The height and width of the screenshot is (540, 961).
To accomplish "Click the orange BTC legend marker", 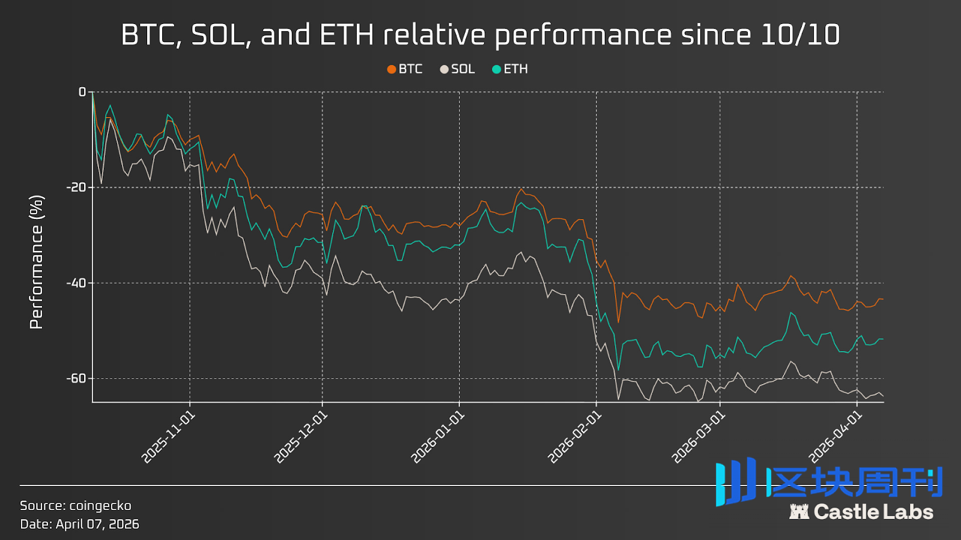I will pyautogui.click(x=392, y=70).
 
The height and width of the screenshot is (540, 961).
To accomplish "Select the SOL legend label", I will pyautogui.click(x=462, y=69).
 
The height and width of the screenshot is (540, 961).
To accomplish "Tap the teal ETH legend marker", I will pyautogui.click(x=496, y=70).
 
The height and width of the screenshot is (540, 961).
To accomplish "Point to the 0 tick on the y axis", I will pyautogui.click(x=82, y=92).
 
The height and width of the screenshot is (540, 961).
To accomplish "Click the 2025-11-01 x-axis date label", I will pyautogui.click(x=169, y=437).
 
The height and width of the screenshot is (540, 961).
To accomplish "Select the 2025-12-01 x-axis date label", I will pyautogui.click(x=302, y=437).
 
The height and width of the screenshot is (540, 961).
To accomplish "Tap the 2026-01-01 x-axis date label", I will pyautogui.click(x=438, y=437).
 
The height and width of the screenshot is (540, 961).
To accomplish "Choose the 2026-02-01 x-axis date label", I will pyautogui.click(x=575, y=437).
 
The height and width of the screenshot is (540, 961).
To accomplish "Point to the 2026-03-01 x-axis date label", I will pyautogui.click(x=699, y=437).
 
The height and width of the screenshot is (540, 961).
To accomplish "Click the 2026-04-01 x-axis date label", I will pyautogui.click(x=836, y=437).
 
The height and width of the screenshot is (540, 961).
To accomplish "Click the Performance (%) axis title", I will pyautogui.click(x=37, y=262).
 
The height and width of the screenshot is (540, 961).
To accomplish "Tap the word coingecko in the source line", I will pyautogui.click(x=100, y=506).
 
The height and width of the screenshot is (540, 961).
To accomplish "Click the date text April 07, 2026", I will pyautogui.click(x=97, y=524).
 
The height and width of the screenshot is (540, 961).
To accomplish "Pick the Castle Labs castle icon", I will pyautogui.click(x=799, y=512).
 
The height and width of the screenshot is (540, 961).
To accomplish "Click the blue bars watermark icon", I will pyautogui.click(x=736, y=482).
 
